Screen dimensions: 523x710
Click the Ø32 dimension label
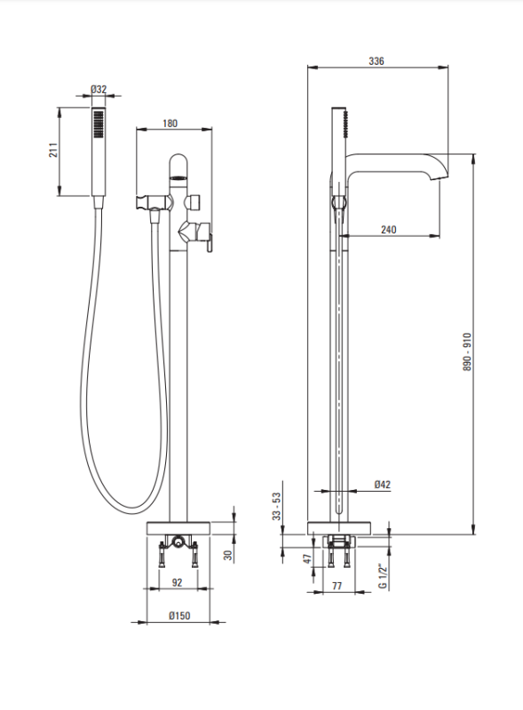pyautogui.click(x=99, y=90)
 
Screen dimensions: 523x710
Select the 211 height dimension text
pyautogui.click(x=53, y=150)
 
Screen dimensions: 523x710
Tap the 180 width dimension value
pyautogui.click(x=170, y=123)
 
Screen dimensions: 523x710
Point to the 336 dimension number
pyautogui.click(x=376, y=60)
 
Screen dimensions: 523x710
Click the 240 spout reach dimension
pyautogui.click(x=388, y=230)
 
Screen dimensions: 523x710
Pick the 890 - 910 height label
pyautogui.click(x=467, y=352)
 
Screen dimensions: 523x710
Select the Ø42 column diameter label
pyautogui.click(x=383, y=485)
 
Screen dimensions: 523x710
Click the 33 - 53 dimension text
pyautogui.click(x=276, y=506)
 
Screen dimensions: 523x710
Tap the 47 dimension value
pyautogui.click(x=308, y=559)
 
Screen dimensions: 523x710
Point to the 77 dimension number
pyautogui.click(x=337, y=586)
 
